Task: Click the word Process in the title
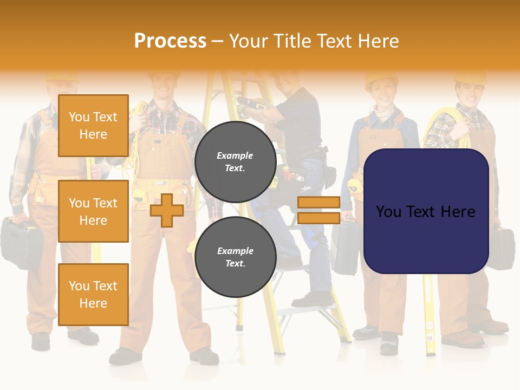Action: (170, 41)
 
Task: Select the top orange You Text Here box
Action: (93, 126)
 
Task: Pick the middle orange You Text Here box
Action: (93, 211)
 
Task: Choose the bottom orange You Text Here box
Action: (93, 294)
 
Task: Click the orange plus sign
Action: (167, 210)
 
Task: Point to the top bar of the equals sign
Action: (318, 202)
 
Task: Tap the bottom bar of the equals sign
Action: (318, 218)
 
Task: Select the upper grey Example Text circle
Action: (235, 162)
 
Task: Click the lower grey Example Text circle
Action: (235, 257)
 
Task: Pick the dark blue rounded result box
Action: (426, 211)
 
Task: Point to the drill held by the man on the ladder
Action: (250, 105)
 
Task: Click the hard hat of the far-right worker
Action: (470, 77)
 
